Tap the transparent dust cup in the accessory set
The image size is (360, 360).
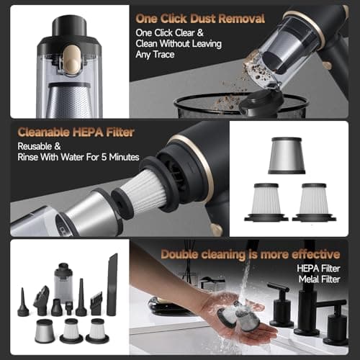64,284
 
